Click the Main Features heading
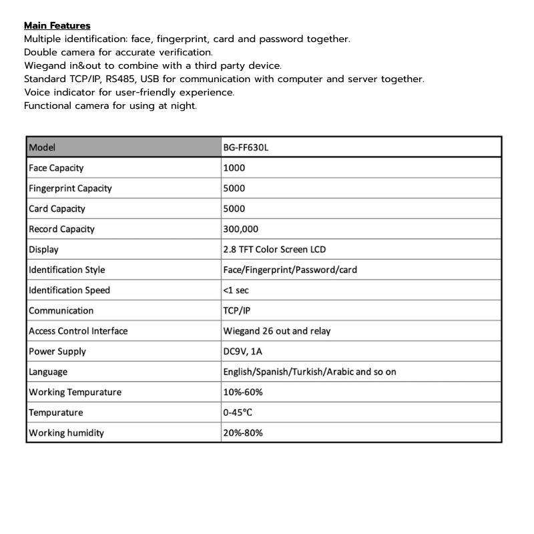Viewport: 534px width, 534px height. (x=57, y=26)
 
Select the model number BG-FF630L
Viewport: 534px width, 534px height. (x=246, y=148)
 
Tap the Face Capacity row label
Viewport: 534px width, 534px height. (x=56, y=168)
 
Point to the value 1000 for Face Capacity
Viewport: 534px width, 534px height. (x=234, y=168)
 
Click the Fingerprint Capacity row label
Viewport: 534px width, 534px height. (x=70, y=188)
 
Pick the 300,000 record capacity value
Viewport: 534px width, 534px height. (x=241, y=229)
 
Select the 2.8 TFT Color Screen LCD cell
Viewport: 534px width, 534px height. (x=274, y=250)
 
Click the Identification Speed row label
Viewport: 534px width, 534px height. (x=69, y=290)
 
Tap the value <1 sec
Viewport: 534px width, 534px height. (x=236, y=290)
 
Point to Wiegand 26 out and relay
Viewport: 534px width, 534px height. (x=276, y=331)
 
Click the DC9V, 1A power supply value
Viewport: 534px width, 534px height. (x=242, y=351)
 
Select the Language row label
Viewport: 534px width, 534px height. (x=48, y=372)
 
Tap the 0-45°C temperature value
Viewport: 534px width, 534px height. (x=238, y=413)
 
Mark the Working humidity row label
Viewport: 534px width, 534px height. (x=66, y=433)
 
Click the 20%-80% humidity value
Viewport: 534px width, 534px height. (x=243, y=433)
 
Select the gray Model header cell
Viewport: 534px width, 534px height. (x=123, y=148)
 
